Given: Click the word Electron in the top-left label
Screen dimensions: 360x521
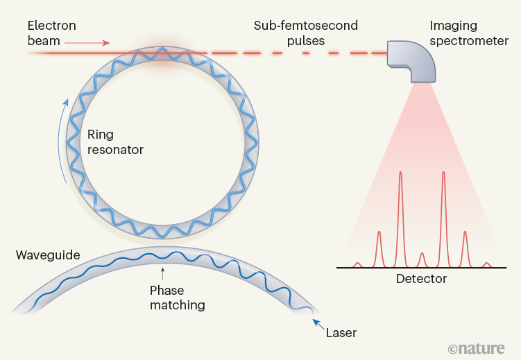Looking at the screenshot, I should click(52, 26).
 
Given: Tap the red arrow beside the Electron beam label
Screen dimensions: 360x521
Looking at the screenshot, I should click(87, 43).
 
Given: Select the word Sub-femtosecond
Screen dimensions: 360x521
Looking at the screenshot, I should click(305, 26).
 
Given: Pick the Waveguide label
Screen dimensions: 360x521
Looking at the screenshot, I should click(48, 256).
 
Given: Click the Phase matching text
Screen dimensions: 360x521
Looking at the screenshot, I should click(178, 298).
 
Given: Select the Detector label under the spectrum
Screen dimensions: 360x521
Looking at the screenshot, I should click(421, 279).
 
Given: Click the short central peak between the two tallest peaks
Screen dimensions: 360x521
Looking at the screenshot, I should click(422, 259).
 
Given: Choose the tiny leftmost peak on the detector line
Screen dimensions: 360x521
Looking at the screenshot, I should click(358, 264).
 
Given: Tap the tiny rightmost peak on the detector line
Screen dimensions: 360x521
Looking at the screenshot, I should click(486, 264).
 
